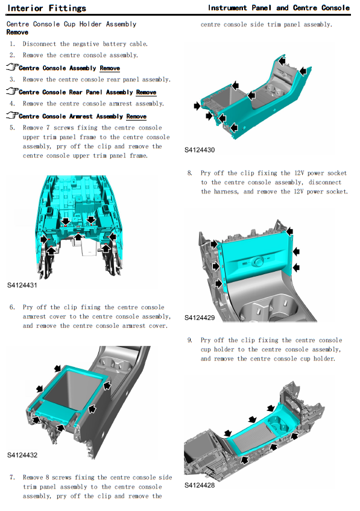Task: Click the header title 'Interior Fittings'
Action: [46, 8]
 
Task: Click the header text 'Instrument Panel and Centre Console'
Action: [279, 8]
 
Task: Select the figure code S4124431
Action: [22, 285]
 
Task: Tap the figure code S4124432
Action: [22, 455]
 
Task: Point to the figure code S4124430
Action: [200, 150]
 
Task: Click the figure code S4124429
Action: [200, 318]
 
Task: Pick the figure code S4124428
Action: [200, 485]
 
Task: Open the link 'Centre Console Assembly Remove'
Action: [69, 68]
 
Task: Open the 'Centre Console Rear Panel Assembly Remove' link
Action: [87, 92]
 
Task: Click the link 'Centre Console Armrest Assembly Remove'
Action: [83, 116]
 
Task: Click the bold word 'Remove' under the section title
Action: [17, 33]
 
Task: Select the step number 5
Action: [13, 128]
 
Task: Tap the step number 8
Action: [190, 173]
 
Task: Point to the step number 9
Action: [190, 340]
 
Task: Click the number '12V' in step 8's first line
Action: [299, 173]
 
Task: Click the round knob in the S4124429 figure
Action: [257, 262]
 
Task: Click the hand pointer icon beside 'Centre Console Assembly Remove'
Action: [12, 67]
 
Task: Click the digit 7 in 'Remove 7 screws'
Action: [48, 128]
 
